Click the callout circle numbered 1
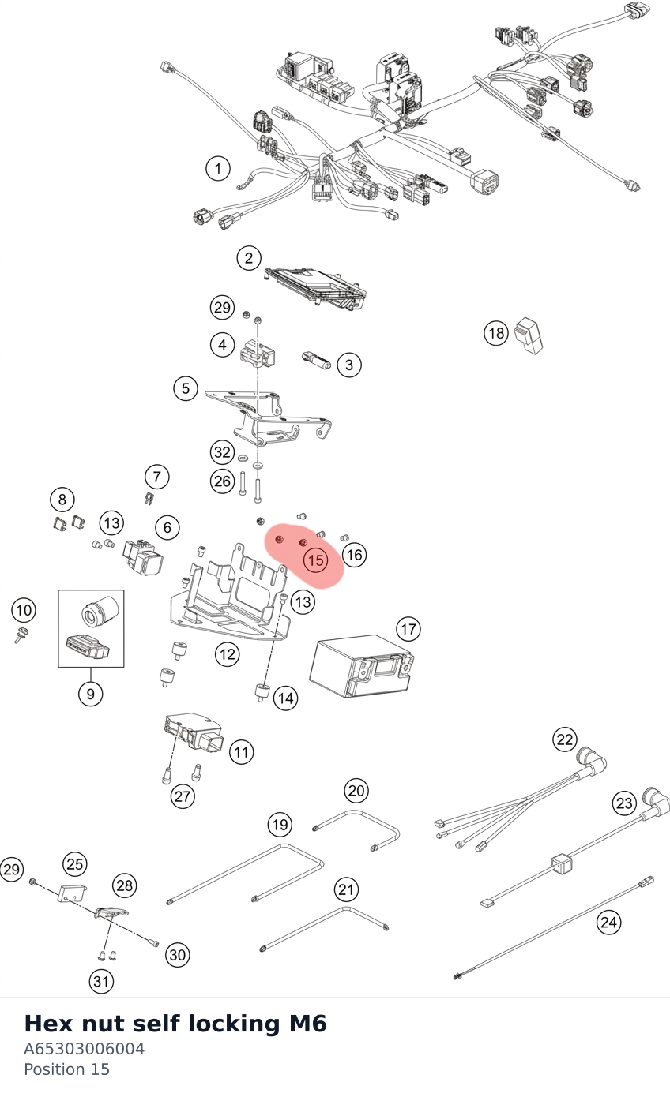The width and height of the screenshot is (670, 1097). point(217,169)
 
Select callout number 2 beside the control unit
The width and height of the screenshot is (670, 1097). point(249,258)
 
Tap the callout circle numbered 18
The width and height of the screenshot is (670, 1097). point(496,334)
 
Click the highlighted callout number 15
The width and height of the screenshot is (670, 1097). point(315,560)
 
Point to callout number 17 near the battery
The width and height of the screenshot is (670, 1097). point(408,629)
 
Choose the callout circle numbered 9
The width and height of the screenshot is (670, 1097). point(91,694)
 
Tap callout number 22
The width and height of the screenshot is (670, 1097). point(565,739)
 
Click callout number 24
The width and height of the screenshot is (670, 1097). point(608,923)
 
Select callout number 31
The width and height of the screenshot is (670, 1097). point(101,982)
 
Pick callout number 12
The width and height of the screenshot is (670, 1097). point(228,654)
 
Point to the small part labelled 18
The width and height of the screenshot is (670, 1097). point(529,335)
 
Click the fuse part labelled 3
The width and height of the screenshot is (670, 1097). point(316,361)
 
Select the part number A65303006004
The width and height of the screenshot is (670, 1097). point(85,1049)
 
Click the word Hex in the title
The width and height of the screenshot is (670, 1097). point(48,1024)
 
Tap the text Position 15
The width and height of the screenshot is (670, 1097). point(66,1069)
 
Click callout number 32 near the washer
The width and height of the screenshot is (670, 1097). point(223,452)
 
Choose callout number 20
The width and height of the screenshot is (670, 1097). point(356,791)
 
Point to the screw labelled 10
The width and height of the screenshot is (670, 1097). point(21,635)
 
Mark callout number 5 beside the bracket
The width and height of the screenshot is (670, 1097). point(185,389)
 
